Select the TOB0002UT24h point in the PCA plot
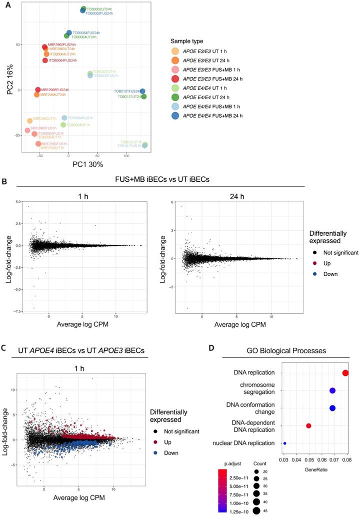pyautogui.click(x=83, y=9)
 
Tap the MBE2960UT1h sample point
pyautogui.click(x=30, y=121)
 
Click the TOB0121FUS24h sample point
pyautogui.click(x=142, y=92)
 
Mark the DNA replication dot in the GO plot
pyautogui.click(x=345, y=373)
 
